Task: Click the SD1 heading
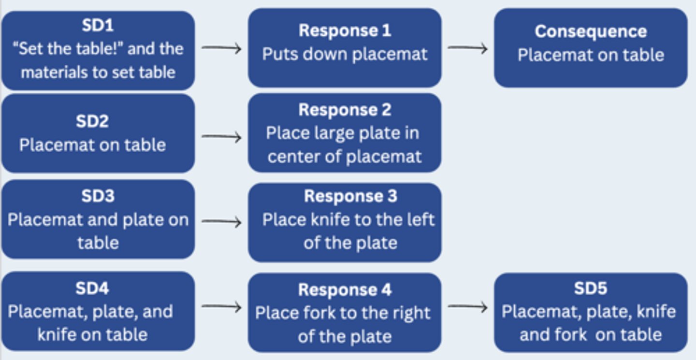(98, 25)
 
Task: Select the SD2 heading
(92, 121)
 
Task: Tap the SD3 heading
(98, 196)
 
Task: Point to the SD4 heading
(92, 288)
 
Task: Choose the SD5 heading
(590, 288)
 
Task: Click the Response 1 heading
(345, 30)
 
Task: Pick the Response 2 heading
(345, 110)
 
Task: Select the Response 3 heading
(350, 196)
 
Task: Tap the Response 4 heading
(345, 289)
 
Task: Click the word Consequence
(590, 31)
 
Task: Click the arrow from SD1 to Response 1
(221, 48)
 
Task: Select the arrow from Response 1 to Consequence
(467, 48)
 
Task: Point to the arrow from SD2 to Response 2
(221, 137)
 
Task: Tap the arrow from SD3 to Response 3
(221, 222)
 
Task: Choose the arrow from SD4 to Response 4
(221, 306)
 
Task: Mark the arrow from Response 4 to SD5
(467, 306)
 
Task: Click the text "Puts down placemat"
(345, 54)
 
